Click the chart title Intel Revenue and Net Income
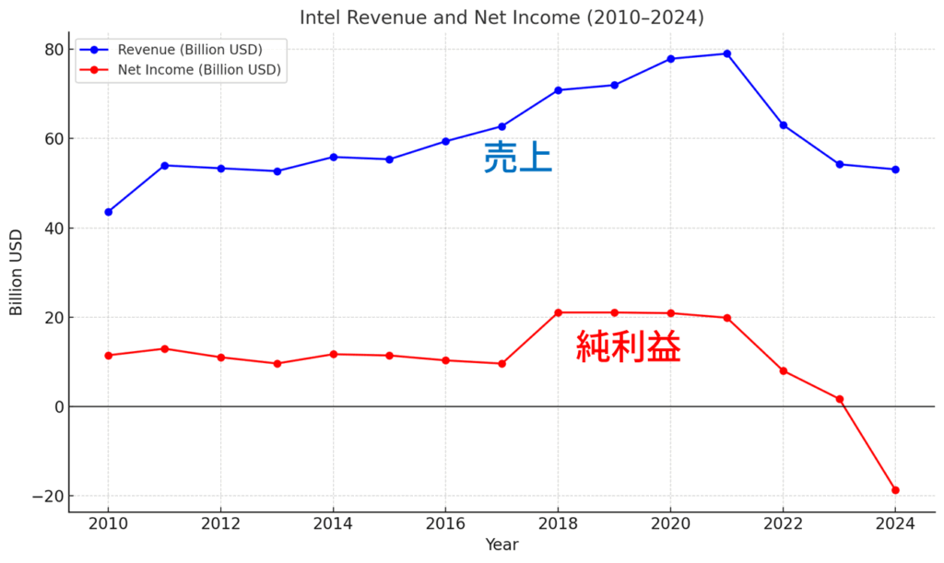[x=501, y=18]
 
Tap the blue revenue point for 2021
[x=726, y=53]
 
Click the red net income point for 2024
[x=895, y=490]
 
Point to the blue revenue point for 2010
[x=108, y=212]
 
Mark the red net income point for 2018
[x=558, y=312]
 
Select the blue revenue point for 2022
[x=783, y=125]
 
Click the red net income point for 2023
[x=839, y=399]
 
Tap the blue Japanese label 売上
[x=517, y=158]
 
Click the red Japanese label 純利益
[x=628, y=347]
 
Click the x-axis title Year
[x=501, y=545]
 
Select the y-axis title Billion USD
[x=17, y=273]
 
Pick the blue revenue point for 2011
[x=164, y=166]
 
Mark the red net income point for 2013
[x=277, y=363]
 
